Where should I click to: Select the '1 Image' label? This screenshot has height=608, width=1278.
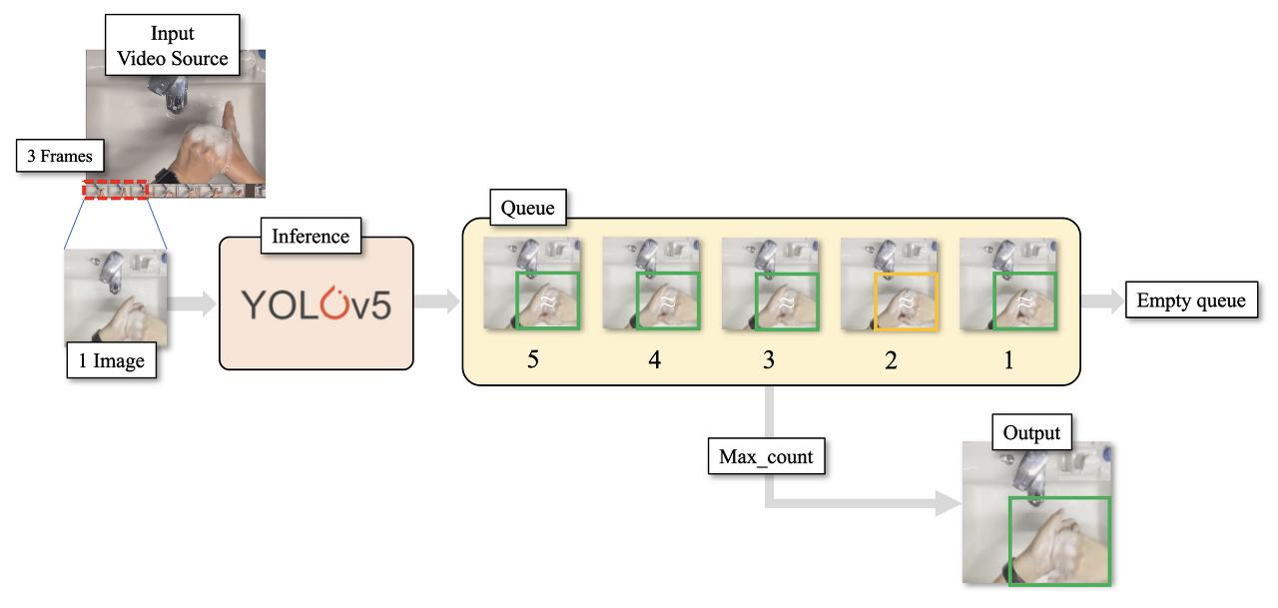click(112, 360)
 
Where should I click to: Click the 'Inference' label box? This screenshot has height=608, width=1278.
click(311, 237)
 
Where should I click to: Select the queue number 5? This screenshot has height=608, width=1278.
click(532, 359)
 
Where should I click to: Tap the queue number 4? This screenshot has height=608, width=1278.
click(654, 359)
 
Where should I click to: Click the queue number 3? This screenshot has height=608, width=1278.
click(769, 359)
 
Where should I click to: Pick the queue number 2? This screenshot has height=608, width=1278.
click(891, 359)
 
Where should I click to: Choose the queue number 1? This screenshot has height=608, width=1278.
click(1008, 359)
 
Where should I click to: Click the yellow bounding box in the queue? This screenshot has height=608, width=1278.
click(907, 301)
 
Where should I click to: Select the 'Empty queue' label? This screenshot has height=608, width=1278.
click(1191, 300)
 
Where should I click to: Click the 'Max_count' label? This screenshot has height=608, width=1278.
click(766, 458)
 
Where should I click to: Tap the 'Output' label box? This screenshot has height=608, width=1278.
click(1031, 433)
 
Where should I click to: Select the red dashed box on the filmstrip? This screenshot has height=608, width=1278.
click(115, 189)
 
